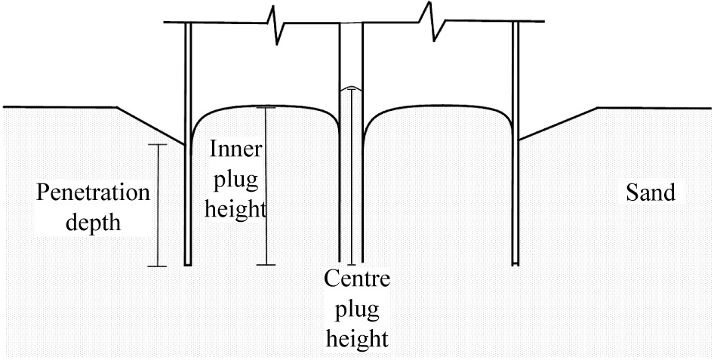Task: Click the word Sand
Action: coord(651,193)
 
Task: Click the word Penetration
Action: coord(94,192)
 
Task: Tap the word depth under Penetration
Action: coord(94,224)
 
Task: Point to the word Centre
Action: coord(357,281)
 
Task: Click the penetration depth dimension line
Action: coord(157,204)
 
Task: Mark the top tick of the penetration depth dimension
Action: coord(157,144)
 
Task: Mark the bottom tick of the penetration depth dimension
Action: coord(157,266)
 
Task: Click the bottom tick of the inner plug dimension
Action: coord(266,265)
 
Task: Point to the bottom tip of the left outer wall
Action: coord(188,264)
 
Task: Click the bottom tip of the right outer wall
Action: coord(515,263)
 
